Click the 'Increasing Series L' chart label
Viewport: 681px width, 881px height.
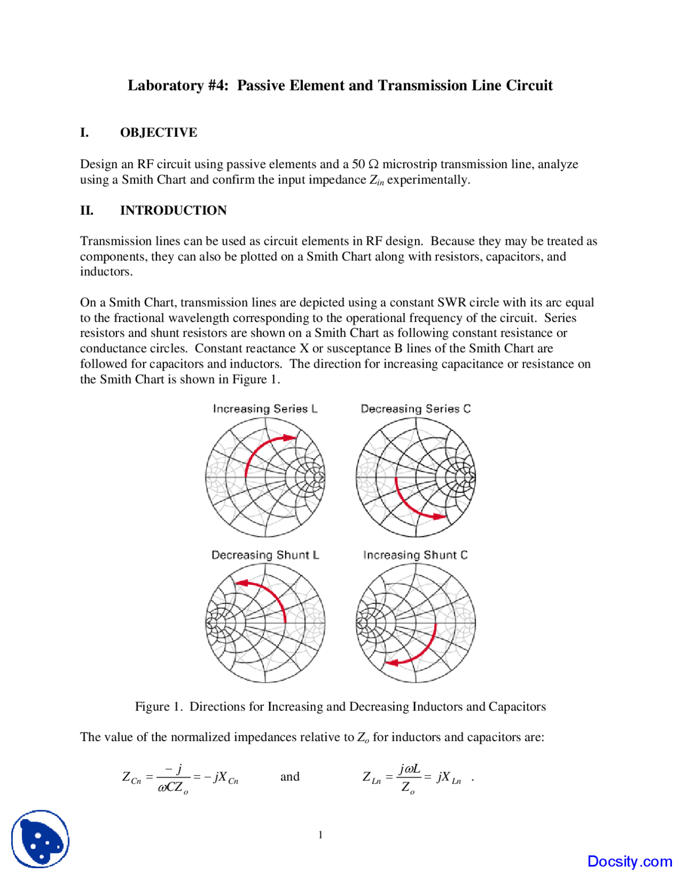265,409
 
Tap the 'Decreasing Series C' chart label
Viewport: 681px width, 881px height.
416,409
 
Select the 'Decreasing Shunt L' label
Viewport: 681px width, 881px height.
265,555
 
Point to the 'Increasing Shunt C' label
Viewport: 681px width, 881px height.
416,555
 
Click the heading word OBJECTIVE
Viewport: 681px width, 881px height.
159,132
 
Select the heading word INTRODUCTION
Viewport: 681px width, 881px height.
173,210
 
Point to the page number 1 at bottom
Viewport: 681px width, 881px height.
320,835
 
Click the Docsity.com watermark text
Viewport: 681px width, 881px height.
629,861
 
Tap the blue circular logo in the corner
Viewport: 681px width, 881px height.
40,839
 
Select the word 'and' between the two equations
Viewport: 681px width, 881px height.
290,777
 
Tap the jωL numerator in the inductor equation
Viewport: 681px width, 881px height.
410,769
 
